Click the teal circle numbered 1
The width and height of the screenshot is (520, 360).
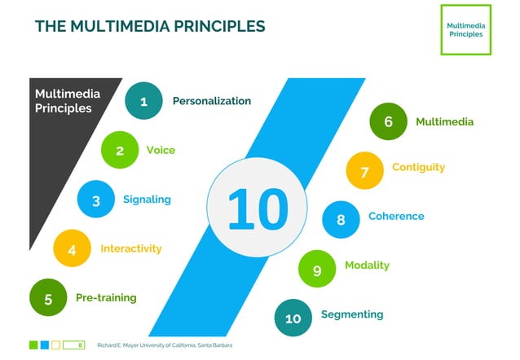click(143, 102)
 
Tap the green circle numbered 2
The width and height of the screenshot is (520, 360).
click(120, 150)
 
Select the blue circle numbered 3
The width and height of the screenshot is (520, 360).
click(95, 200)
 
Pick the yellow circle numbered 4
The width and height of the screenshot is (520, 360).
click(72, 249)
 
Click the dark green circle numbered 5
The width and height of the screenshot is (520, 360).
click(47, 298)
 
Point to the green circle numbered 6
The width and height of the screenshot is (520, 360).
click(388, 122)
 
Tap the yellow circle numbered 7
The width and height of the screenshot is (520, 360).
click(364, 171)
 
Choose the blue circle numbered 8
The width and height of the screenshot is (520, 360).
click(341, 220)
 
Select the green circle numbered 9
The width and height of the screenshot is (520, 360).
click(317, 270)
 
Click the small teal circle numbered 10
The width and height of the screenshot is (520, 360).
click(293, 318)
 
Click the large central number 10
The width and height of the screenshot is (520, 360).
click(257, 209)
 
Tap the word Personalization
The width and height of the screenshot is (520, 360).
click(211, 101)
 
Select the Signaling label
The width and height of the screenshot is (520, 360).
click(147, 200)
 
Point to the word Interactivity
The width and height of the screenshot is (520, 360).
click(130, 248)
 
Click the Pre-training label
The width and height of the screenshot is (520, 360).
click(106, 298)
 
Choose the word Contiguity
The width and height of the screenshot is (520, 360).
click(418, 167)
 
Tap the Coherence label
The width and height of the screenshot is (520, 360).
click(396, 217)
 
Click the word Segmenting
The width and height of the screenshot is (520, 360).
click(351, 314)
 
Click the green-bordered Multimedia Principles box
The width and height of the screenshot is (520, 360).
click(465, 29)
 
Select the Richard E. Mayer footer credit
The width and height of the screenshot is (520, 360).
click(164, 345)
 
